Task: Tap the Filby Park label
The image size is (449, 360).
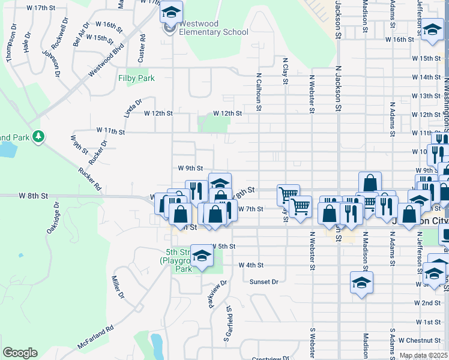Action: pyautogui.click(x=136, y=78)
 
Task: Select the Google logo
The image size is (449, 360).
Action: pyautogui.click(x=20, y=353)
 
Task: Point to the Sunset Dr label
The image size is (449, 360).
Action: pyautogui.click(x=264, y=281)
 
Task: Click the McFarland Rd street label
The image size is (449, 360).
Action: pyautogui.click(x=95, y=338)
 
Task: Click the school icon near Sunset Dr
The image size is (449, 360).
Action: pyautogui.click(x=361, y=283)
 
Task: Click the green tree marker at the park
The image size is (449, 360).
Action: pyautogui.click(x=38, y=137)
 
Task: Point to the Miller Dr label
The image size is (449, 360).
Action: pyautogui.click(x=118, y=287)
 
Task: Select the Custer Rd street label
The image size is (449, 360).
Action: pyautogui.click(x=142, y=46)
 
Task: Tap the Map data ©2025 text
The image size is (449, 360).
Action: pyautogui.click(x=423, y=356)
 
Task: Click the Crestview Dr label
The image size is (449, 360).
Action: pyautogui.click(x=267, y=358)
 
